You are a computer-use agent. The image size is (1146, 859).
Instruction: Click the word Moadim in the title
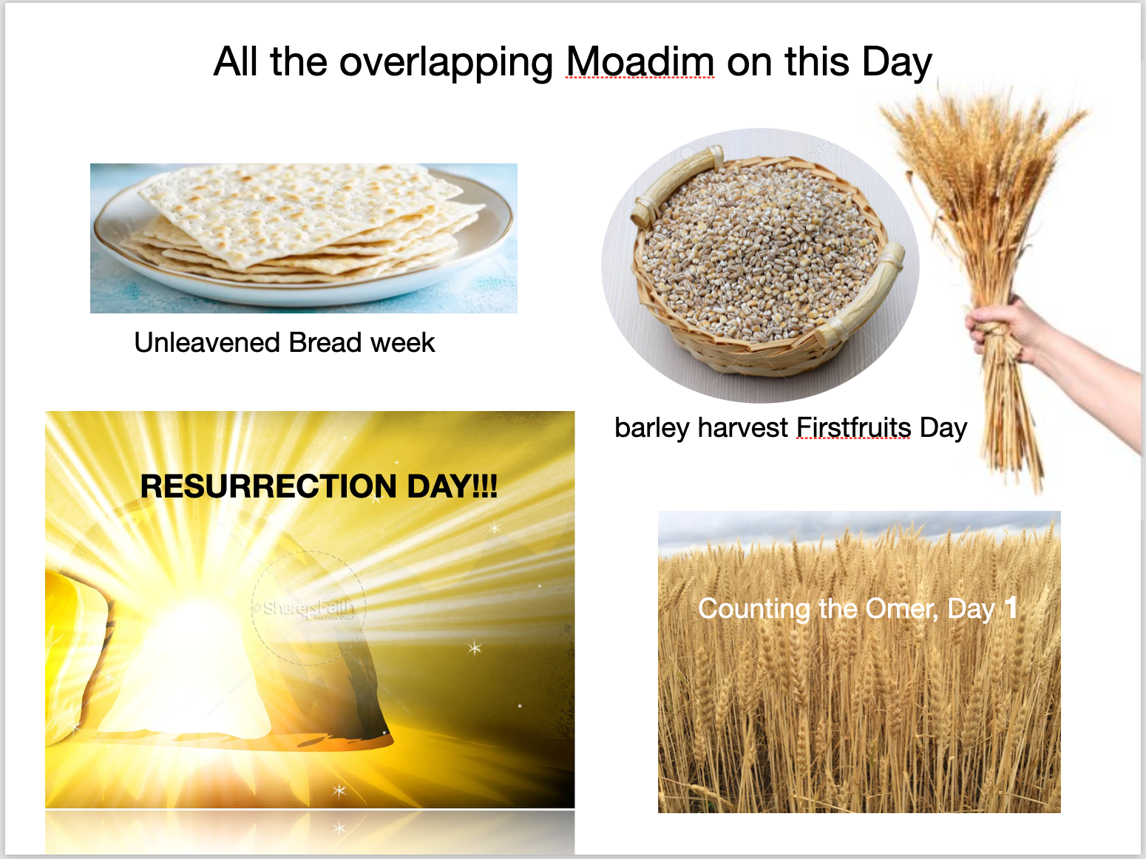pyautogui.click(x=640, y=61)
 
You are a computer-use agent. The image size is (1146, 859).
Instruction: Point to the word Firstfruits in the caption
pyautogui.click(x=854, y=427)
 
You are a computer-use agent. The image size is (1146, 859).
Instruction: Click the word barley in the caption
pyautogui.click(x=652, y=429)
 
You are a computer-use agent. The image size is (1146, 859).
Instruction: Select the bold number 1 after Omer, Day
pyautogui.click(x=1011, y=607)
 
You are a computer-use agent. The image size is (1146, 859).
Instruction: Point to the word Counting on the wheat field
pyautogui.click(x=754, y=610)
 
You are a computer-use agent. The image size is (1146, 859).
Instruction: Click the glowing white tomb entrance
pyautogui.click(x=188, y=668)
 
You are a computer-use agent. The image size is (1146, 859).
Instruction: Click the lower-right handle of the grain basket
pyautogui.click(x=861, y=295)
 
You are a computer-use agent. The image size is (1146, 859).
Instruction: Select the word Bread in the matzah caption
pyautogui.click(x=325, y=342)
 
